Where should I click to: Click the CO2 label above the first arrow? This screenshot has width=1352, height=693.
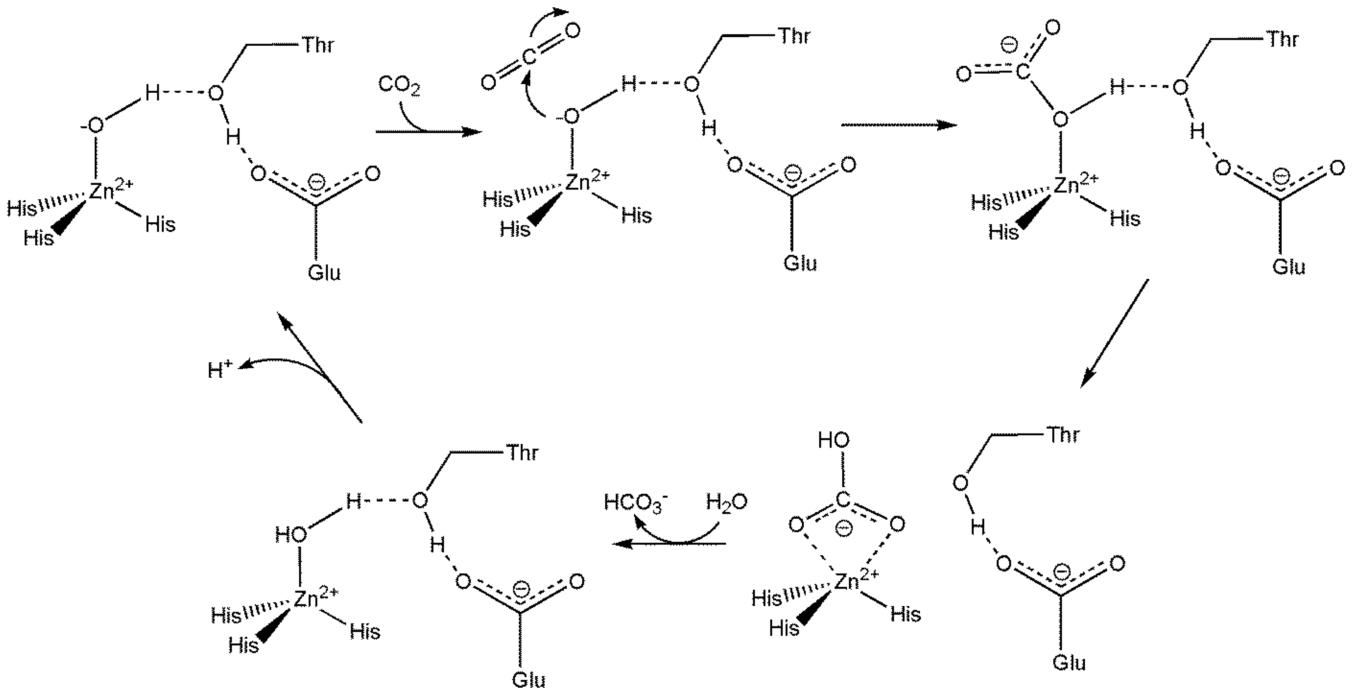click(399, 86)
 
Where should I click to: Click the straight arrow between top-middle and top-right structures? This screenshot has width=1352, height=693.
click(898, 125)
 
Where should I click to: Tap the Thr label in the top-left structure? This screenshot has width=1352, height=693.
click(318, 45)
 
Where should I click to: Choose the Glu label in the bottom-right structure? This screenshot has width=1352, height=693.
click(1069, 663)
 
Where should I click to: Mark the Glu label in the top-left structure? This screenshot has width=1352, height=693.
click(324, 273)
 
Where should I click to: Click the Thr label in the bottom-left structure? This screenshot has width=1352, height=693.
click(522, 453)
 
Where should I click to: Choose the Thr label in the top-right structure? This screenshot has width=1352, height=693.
click(1283, 39)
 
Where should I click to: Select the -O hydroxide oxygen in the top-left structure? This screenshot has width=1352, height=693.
click(94, 125)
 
